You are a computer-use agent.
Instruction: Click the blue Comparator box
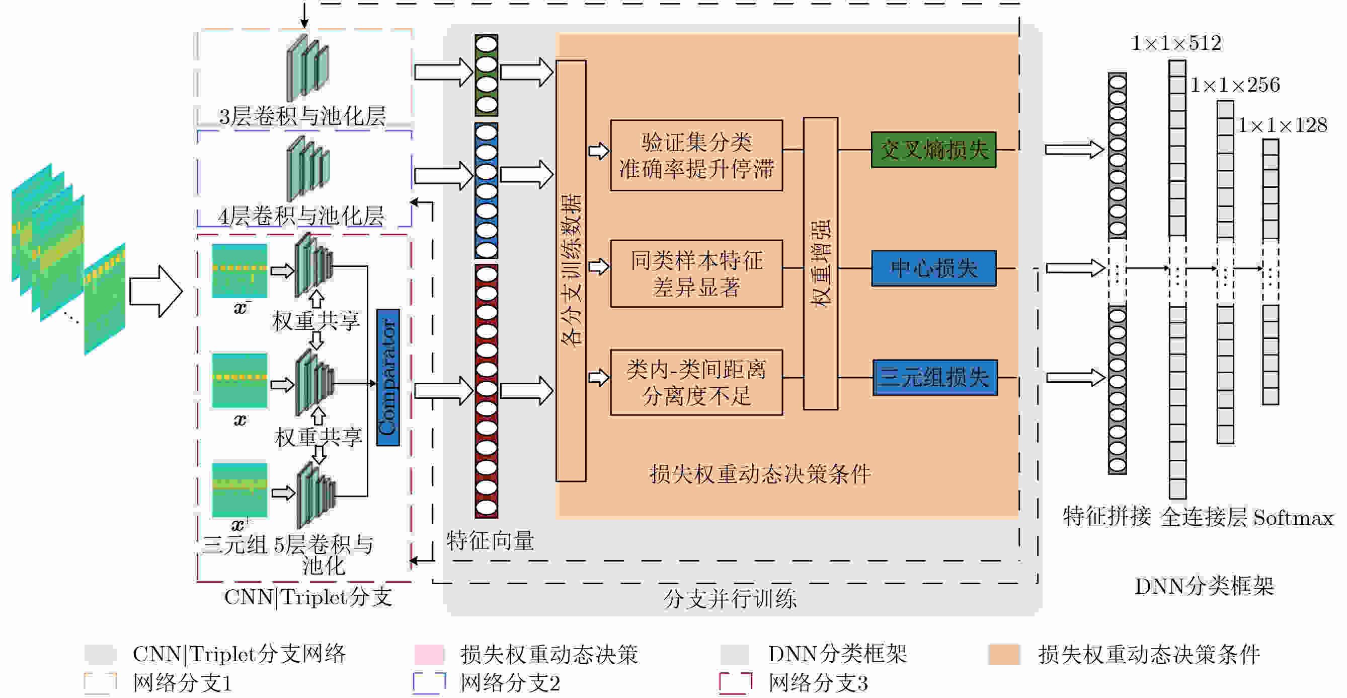[x=388, y=377]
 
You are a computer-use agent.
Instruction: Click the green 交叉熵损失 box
[x=933, y=150]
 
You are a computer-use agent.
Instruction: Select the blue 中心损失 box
[x=933, y=268]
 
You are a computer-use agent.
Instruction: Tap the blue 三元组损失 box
[x=935, y=377]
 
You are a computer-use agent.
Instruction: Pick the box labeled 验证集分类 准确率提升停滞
[x=696, y=156]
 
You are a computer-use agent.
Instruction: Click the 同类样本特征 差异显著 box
[x=696, y=273]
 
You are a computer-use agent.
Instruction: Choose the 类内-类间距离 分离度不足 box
[x=696, y=382]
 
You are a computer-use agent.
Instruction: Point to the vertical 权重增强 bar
[x=821, y=263]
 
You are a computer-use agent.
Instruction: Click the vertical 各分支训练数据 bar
[x=571, y=270]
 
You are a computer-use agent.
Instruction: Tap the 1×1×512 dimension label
[x=1176, y=43]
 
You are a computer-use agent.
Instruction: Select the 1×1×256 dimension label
[x=1235, y=85]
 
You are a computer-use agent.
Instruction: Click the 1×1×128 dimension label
[x=1282, y=125]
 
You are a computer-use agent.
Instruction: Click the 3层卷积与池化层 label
[x=302, y=116]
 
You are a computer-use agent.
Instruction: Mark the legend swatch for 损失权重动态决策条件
[x=1004, y=654]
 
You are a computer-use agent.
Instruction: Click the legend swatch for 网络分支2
[x=429, y=683]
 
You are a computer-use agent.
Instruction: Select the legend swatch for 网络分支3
[x=735, y=683]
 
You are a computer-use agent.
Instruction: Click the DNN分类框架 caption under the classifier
[x=1204, y=586]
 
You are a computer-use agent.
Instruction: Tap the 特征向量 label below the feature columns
[x=490, y=540]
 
